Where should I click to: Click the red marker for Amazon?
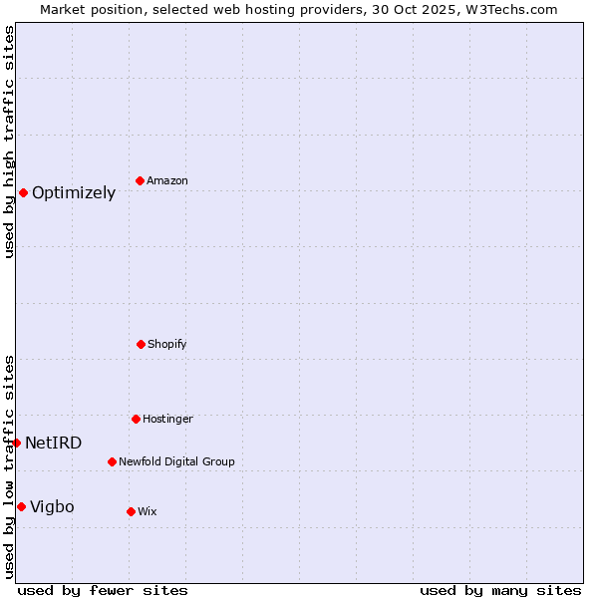140,180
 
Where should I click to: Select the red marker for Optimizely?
23,192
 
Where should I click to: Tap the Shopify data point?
141,344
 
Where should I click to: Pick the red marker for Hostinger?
136,419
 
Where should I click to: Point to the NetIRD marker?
16,443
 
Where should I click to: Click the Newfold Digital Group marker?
112,461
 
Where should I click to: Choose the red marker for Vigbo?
21,506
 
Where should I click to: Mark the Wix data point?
131,511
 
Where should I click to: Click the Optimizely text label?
74,193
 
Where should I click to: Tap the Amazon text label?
167,181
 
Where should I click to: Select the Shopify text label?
167,345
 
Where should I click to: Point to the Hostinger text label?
167,420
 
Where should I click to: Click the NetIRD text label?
54,444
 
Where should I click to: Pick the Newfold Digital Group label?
176,462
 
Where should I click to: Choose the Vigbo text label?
52,507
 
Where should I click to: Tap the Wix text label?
148,512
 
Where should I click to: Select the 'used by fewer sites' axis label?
103,590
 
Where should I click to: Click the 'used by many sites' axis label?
500,590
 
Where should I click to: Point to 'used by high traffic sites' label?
9,142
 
